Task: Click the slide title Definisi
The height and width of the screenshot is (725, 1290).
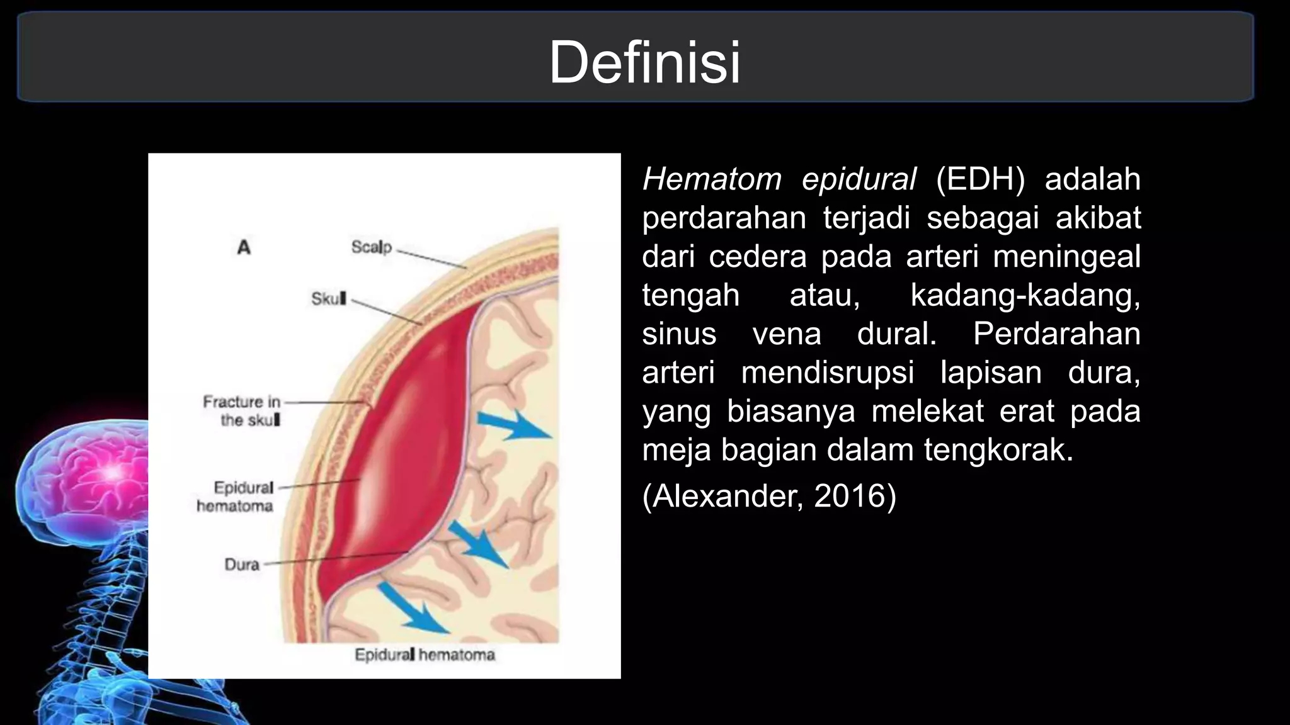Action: (644, 62)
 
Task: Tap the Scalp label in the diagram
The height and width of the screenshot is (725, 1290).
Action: (371, 247)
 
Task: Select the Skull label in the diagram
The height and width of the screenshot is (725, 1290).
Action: (328, 298)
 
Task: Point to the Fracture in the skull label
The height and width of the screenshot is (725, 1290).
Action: (241, 410)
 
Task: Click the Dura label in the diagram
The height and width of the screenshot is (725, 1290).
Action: (242, 564)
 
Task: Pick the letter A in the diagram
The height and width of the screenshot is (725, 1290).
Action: (244, 247)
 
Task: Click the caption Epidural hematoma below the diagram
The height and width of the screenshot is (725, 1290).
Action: (425, 655)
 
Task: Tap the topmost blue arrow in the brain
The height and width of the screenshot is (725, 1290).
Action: (513, 425)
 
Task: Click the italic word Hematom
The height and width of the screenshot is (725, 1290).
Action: (711, 179)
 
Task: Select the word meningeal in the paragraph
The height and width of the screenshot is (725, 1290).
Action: (1066, 256)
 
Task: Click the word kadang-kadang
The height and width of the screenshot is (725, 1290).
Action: (1025, 295)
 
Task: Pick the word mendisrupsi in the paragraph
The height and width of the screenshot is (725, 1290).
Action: (827, 373)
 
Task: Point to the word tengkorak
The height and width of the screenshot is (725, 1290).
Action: (998, 450)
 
